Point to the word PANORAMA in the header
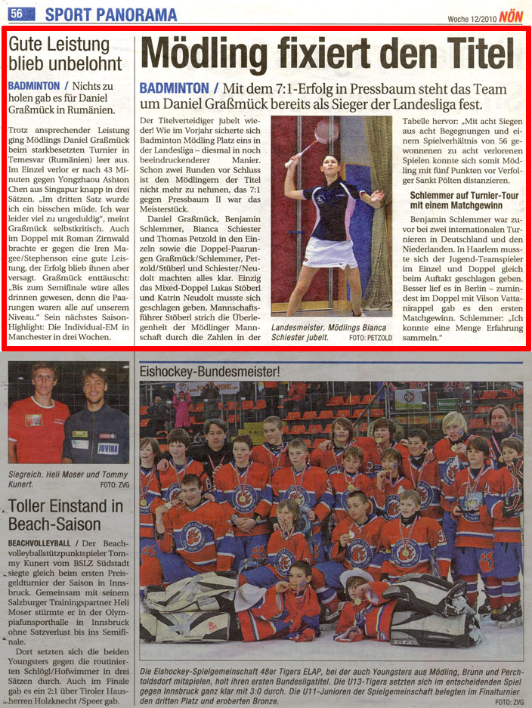tap(135, 14)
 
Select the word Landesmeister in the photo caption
tap(301, 326)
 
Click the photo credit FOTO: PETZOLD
tap(370, 338)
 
